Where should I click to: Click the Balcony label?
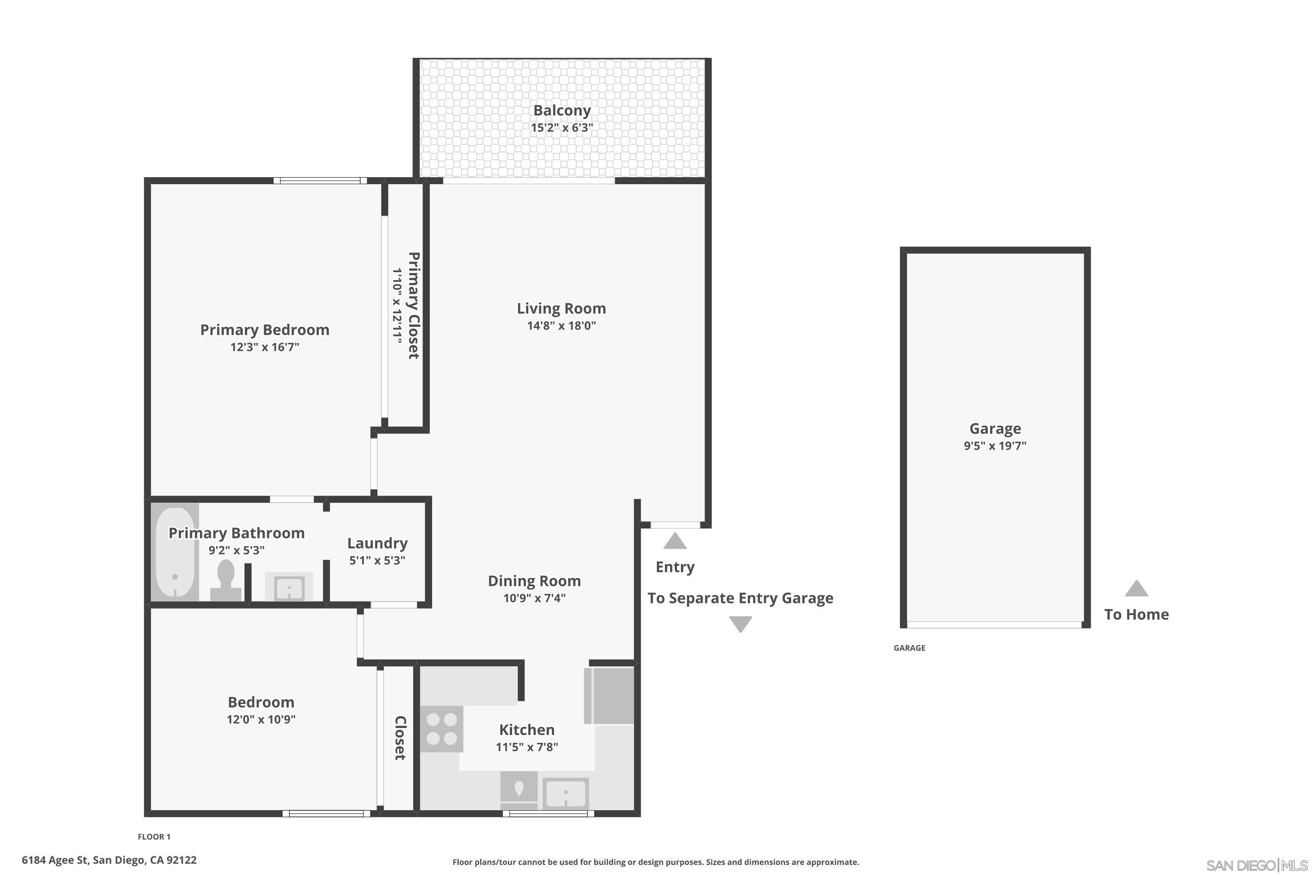click(x=561, y=111)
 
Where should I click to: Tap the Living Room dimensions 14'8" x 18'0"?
click(x=561, y=325)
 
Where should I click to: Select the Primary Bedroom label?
click(x=265, y=330)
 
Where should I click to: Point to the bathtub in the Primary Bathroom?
click(x=174, y=553)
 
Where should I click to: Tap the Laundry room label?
click(x=377, y=543)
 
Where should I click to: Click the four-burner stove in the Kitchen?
click(x=441, y=729)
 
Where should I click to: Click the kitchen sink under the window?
click(x=565, y=793)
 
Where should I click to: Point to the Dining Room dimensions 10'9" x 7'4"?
click(x=534, y=598)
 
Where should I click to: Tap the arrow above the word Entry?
click(x=674, y=541)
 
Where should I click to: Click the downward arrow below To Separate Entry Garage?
click(x=740, y=624)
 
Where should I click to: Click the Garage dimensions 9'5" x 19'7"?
click(x=994, y=446)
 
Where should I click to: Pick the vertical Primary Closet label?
click(x=413, y=305)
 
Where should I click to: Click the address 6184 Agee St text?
click(x=109, y=860)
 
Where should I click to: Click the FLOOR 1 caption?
click(x=154, y=836)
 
